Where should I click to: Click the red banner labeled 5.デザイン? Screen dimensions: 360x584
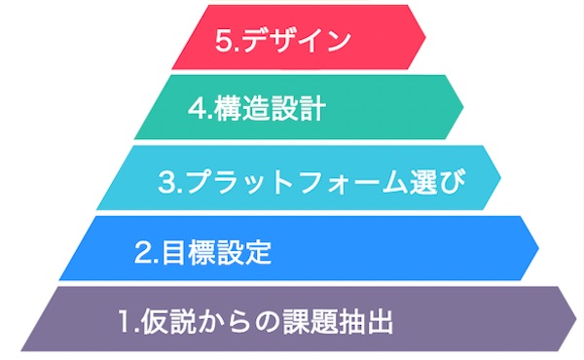[292, 39]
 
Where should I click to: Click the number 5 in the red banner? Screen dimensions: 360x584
[219, 41]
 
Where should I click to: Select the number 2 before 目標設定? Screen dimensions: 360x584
[142, 253]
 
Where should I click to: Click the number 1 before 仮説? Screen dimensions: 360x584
[124, 321]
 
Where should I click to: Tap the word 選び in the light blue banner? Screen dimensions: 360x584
[436, 182]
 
